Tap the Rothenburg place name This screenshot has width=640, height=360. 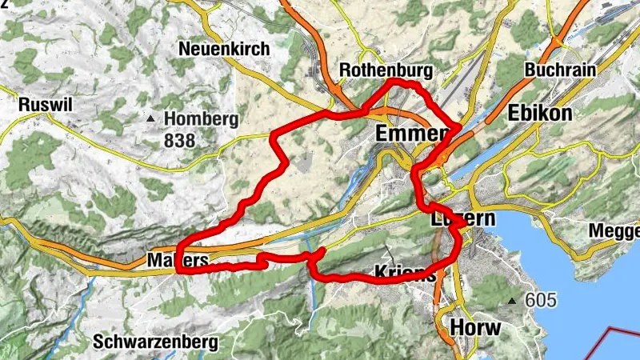[386, 71]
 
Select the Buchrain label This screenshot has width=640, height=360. [560, 70]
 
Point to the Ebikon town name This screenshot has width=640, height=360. [539, 114]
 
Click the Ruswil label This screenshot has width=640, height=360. [45, 105]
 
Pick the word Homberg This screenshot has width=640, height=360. [202, 120]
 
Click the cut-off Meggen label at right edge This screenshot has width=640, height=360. [614, 231]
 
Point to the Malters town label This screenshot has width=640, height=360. [178, 261]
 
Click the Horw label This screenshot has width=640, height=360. [475, 327]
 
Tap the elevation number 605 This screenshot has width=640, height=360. [541, 301]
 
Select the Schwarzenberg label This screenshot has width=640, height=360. [155, 342]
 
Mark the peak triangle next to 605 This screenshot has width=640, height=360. [513, 302]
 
